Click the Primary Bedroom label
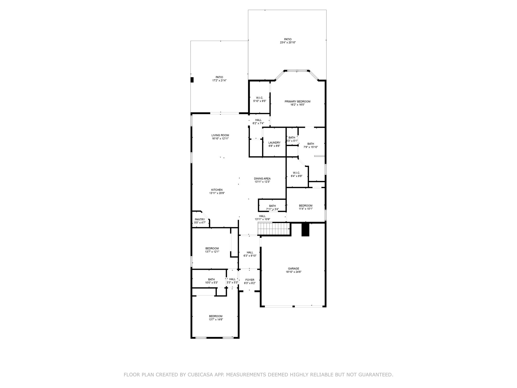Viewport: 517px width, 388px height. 297,102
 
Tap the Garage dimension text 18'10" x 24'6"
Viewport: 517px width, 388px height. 293,272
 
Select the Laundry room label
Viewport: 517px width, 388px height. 274,143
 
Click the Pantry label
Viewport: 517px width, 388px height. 200,220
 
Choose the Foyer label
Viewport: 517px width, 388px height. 250,280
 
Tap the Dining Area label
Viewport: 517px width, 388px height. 262,179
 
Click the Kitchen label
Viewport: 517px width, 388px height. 217,190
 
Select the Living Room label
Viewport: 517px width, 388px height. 220,135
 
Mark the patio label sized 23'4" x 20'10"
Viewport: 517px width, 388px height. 288,39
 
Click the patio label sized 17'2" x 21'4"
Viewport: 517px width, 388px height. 219,77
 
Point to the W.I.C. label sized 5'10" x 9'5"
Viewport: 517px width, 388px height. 260,98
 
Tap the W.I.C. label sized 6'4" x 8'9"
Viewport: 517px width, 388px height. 296,173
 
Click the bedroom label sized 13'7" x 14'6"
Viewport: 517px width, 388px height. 216,316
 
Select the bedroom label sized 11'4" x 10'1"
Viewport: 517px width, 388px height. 305,206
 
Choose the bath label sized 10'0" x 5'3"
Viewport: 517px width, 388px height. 211,279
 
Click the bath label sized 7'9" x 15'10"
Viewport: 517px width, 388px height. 311,144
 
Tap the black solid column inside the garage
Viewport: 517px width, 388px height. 305,230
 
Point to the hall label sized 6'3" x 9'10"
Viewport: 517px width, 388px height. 250,252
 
